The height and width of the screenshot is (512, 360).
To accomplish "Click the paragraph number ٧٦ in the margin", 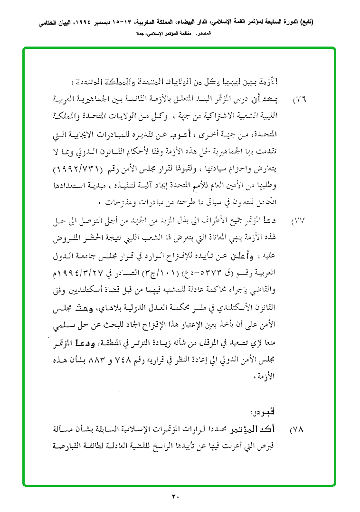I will coord(299,101).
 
